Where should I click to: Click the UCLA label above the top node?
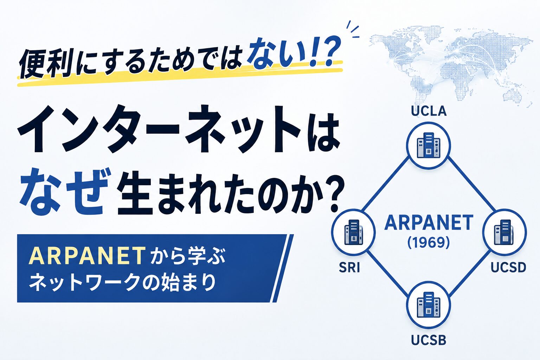[429, 111]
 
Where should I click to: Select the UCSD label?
[508, 268]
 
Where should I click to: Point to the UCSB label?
[429, 340]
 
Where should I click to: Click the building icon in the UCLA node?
[429, 146]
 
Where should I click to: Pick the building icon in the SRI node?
[353, 232]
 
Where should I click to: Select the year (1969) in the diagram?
[429, 242]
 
